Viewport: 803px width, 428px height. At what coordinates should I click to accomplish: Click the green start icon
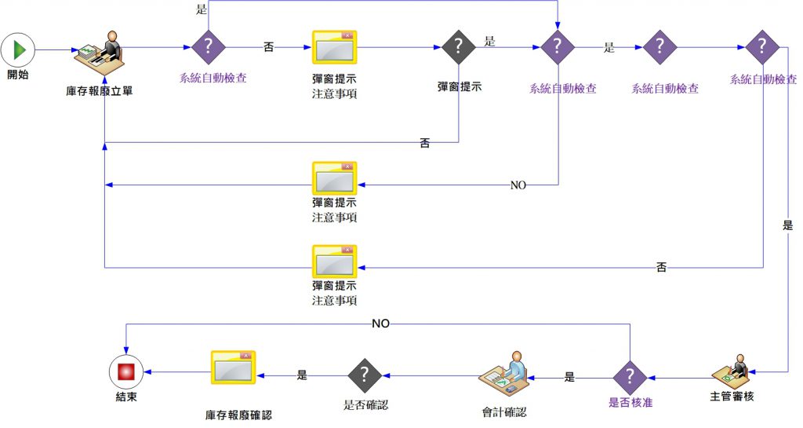(18, 49)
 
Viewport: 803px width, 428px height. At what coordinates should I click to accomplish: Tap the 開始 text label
(18, 75)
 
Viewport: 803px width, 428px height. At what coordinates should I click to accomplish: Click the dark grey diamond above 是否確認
(365, 375)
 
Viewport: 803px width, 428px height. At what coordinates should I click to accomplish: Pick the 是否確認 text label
(365, 405)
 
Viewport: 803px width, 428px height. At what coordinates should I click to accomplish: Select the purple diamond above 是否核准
(630, 376)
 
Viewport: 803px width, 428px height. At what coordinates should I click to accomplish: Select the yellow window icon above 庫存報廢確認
(233, 368)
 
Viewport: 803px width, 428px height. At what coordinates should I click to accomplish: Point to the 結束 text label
(126, 397)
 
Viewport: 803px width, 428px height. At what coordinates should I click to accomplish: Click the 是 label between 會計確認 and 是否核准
(570, 377)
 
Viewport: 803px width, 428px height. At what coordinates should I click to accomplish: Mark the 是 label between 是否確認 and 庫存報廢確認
(303, 375)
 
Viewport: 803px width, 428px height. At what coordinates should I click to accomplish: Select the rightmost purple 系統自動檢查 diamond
(761, 46)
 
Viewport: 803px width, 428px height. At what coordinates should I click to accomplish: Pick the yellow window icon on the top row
(335, 47)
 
